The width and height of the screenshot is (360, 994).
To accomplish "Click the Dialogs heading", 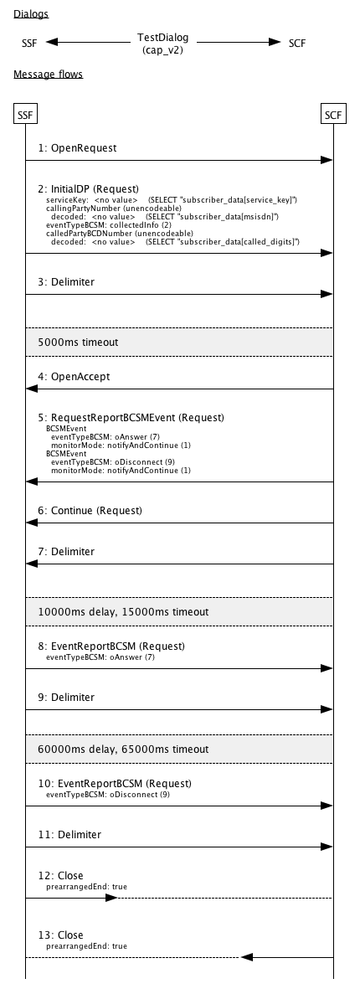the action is (30, 14).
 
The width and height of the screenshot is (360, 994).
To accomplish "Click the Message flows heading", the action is (48, 75).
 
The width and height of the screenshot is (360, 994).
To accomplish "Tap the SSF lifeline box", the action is (25, 114).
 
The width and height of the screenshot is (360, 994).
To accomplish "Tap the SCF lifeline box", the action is (333, 114).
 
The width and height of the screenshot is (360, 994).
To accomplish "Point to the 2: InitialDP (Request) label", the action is (88, 188).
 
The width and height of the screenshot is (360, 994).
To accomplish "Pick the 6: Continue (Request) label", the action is (90, 510).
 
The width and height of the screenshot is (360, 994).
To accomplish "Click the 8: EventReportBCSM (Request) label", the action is (111, 646).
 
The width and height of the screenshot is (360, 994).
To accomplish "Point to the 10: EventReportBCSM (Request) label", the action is (115, 783).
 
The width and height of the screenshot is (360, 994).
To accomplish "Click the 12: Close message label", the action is (60, 875).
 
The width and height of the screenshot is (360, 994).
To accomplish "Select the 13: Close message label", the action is (60, 935).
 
